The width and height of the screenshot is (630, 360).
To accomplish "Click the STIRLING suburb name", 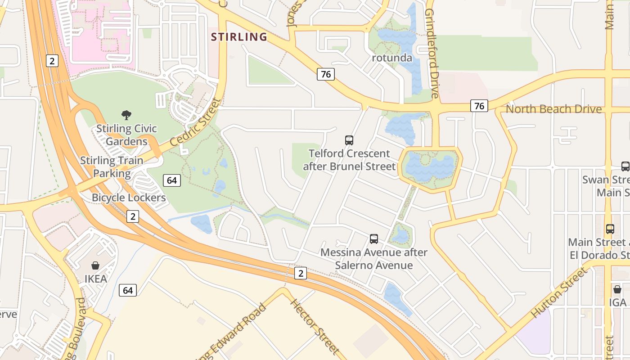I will click(239, 37).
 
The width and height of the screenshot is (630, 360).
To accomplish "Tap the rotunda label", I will click(392, 58).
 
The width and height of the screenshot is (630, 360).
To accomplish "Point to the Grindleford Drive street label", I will click(432, 53).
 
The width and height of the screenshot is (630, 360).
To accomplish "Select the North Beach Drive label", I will click(553, 109).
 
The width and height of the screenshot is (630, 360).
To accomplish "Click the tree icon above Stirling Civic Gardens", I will click(126, 115).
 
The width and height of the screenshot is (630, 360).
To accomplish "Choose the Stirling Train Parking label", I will click(112, 166).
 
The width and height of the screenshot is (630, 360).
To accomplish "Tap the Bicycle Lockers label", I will click(129, 198).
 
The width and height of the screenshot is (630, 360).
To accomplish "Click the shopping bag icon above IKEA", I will click(95, 265).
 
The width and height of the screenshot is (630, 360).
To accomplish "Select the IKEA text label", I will click(96, 279).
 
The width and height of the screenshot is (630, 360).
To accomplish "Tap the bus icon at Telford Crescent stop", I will click(349, 140).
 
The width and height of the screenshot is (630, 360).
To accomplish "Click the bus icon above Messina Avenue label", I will click(373, 238).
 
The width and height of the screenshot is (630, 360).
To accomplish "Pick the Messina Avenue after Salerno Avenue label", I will click(373, 259).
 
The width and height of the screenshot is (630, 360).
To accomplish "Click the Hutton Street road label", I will click(560, 292).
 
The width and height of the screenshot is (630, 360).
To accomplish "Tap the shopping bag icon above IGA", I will click(617, 289).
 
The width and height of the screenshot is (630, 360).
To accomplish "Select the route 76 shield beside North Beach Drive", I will click(479, 106).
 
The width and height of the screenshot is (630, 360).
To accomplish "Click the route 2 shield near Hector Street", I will click(301, 273).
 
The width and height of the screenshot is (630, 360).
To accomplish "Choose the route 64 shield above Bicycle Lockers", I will click(172, 180).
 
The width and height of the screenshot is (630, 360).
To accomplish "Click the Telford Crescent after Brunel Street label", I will click(349, 160).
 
